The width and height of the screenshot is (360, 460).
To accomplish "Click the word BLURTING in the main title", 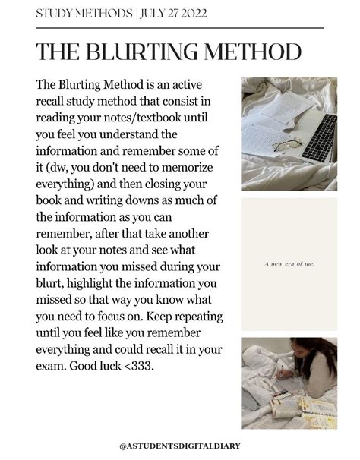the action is coord(149,52).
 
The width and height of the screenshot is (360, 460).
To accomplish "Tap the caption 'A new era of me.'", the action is coord(289,264).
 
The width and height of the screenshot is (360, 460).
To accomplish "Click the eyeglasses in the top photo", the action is coord(287,144).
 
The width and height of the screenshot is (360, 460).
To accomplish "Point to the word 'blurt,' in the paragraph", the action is coord(49,284).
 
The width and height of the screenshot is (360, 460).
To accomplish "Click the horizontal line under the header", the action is coord(179,27).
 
